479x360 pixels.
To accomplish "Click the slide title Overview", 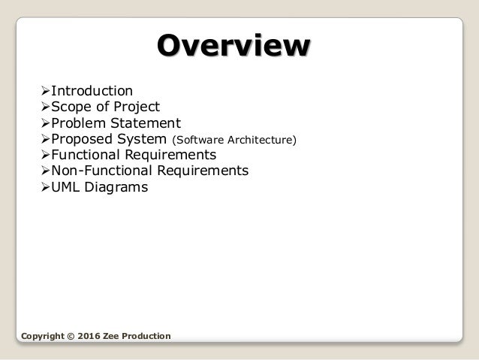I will pyautogui.click(x=233, y=46).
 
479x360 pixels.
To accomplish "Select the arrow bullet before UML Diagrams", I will pyautogui.click(x=44, y=187).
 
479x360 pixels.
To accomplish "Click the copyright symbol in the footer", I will pyautogui.click(x=71, y=334).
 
